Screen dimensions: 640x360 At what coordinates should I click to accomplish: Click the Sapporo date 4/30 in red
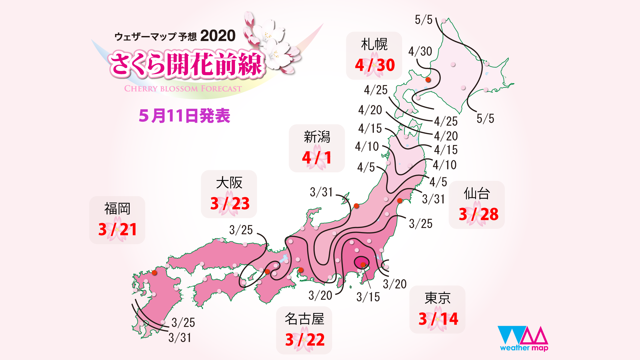(x=375, y=65)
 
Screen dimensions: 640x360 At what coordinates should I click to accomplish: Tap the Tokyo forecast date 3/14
(x=438, y=319)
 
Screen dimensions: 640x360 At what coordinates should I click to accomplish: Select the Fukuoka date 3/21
(x=117, y=229)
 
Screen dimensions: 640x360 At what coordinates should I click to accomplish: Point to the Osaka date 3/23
(x=230, y=203)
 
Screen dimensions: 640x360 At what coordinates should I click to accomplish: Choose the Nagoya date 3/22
(x=305, y=340)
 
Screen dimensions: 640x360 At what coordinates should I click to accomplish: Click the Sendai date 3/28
(x=478, y=214)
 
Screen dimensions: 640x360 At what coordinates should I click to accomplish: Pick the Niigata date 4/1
(x=317, y=158)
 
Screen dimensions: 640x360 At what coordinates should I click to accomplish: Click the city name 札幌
(x=374, y=44)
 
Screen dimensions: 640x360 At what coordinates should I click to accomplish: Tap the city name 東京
(x=437, y=298)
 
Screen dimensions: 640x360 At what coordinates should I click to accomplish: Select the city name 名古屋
(x=304, y=319)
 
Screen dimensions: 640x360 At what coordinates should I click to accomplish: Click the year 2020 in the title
(x=218, y=36)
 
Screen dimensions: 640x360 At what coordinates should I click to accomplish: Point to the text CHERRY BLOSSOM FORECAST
(x=183, y=89)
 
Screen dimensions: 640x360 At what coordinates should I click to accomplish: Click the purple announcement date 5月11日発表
(x=184, y=116)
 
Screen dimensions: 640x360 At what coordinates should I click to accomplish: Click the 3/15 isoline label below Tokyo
(x=368, y=297)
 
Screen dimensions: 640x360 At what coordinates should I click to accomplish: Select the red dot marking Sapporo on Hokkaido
(x=428, y=80)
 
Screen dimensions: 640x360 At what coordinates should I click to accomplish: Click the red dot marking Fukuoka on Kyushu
(x=154, y=273)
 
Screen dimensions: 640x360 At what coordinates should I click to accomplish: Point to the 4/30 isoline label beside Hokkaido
(x=420, y=51)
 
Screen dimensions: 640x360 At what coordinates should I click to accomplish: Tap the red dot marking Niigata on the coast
(x=356, y=206)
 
